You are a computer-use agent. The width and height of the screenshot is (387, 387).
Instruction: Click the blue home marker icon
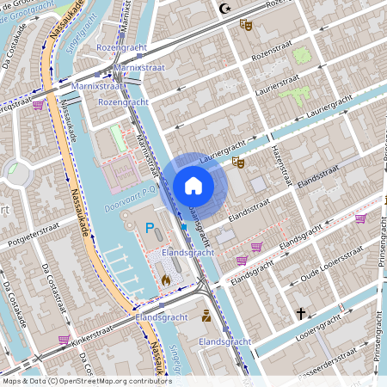[193, 185]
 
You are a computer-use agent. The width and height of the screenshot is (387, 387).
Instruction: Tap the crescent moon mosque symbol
[226, 9]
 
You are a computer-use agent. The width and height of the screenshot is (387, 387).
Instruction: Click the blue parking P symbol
[150, 228]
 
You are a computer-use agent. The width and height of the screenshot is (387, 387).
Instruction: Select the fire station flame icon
[166, 279]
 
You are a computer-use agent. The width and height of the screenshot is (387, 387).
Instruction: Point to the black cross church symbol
[301, 314]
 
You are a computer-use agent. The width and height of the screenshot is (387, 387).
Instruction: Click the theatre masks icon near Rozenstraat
[245, 26]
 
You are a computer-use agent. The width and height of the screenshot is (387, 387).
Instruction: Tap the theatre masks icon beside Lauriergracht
[238, 162]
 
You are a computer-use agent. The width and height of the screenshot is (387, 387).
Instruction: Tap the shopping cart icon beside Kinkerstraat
[64, 339]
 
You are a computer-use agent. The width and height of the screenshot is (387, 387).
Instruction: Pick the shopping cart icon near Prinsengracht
[359, 218]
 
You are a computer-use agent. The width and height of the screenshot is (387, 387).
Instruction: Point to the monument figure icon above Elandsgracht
[206, 316]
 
